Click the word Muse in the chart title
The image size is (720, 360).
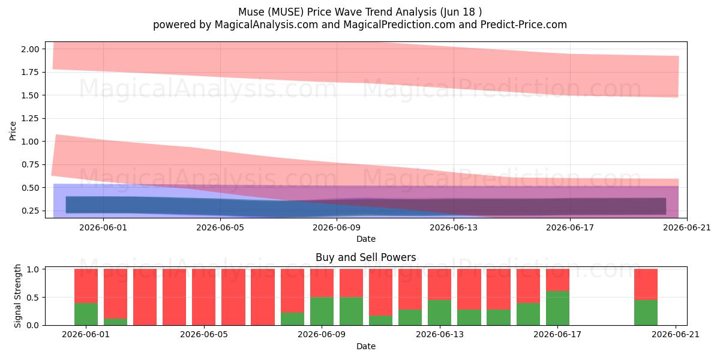tap(251, 12)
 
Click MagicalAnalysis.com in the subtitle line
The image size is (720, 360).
tap(266, 25)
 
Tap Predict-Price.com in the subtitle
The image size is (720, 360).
tap(524, 25)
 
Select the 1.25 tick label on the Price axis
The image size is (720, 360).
tap(30, 119)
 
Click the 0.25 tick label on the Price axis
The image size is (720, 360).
tap(30, 211)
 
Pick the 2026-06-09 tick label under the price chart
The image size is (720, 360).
tap(337, 227)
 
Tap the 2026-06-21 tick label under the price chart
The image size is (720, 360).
tap(687, 227)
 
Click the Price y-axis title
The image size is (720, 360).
tap(13, 131)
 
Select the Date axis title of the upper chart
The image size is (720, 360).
tap(366, 239)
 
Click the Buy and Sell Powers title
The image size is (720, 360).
tap(366, 257)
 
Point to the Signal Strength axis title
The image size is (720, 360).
tap(17, 296)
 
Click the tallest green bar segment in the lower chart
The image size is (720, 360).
tap(557, 308)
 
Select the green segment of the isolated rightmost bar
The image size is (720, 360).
tap(646, 313)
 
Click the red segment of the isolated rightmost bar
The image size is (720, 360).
tap(646, 284)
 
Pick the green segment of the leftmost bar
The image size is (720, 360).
tap(86, 314)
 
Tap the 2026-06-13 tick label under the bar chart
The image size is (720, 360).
tap(440, 335)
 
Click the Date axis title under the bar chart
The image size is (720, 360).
tap(366, 346)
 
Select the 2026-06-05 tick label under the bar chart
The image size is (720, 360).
tap(204, 335)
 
